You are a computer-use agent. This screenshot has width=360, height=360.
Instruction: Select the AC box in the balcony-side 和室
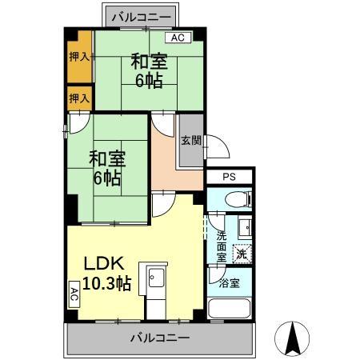pyautogui.click(x=177, y=38)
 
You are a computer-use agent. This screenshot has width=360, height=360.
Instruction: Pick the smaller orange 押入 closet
pyautogui.click(x=78, y=98)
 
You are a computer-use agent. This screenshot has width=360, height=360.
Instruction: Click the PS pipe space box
pyautogui.click(x=229, y=178)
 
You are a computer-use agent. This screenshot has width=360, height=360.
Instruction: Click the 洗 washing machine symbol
pyautogui.click(x=241, y=254)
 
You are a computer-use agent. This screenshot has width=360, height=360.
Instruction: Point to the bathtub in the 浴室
pyautogui.click(x=230, y=309)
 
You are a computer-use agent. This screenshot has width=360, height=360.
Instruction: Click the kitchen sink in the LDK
pyautogui.click(x=154, y=280)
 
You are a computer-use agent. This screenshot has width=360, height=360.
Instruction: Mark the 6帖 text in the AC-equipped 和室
pyautogui.click(x=149, y=80)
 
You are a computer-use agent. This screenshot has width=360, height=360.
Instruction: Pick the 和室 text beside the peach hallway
pyautogui.click(x=106, y=158)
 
